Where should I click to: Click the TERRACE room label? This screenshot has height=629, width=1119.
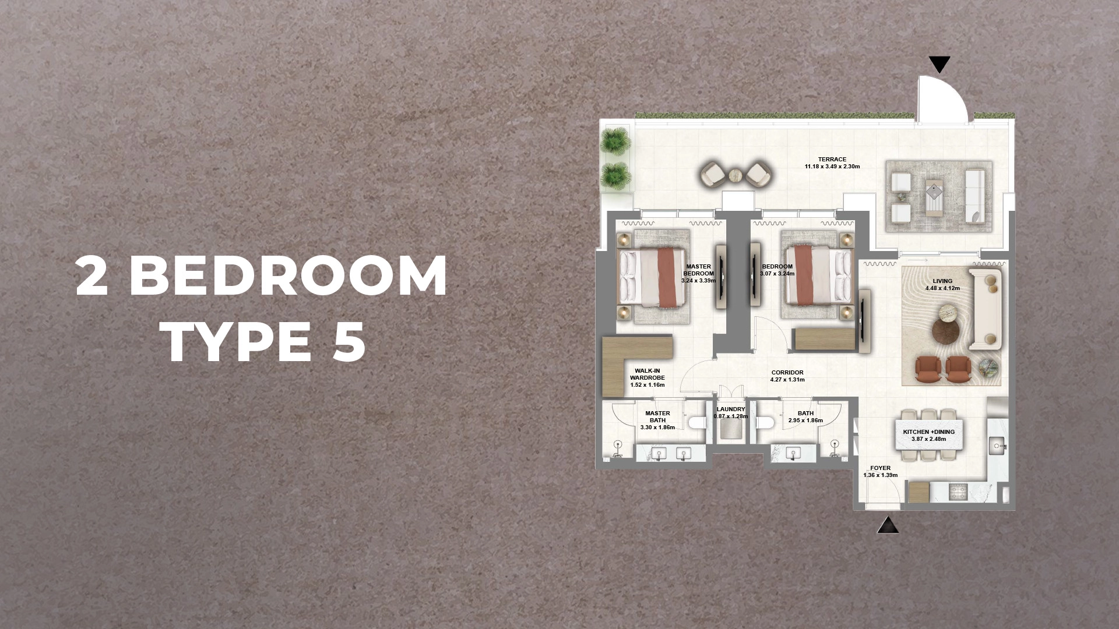click(x=832, y=160)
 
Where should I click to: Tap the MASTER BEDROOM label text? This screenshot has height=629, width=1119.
click(x=698, y=270)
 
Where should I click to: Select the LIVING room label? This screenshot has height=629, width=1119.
click(x=942, y=281)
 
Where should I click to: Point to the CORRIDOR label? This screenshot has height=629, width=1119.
click(x=787, y=373)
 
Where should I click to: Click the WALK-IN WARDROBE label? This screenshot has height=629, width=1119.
click(x=647, y=374)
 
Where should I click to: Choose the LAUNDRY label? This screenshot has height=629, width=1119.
click(x=731, y=409)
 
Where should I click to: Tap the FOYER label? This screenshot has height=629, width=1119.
click(x=880, y=468)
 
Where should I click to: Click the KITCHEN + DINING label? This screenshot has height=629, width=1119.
click(x=928, y=432)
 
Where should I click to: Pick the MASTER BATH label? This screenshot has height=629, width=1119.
click(x=657, y=417)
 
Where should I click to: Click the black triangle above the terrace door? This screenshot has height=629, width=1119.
click(x=939, y=63)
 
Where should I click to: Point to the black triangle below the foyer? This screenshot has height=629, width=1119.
click(x=888, y=526)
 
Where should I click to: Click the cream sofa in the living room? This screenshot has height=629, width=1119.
click(x=986, y=309)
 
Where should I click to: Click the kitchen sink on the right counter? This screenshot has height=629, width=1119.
click(x=997, y=446)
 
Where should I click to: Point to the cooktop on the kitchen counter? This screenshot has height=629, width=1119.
click(x=958, y=492)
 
